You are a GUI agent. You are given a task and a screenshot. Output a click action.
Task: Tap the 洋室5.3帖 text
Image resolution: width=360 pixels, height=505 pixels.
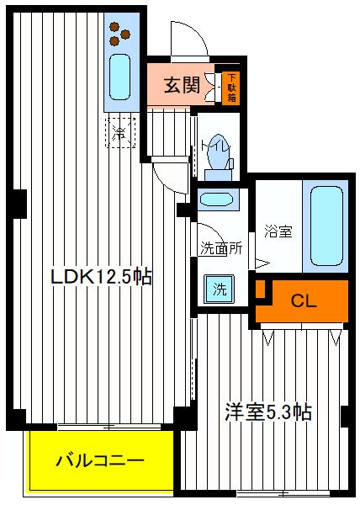coord(267,412)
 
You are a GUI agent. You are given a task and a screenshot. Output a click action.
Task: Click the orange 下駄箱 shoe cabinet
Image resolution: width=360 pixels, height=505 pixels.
coord(231,86)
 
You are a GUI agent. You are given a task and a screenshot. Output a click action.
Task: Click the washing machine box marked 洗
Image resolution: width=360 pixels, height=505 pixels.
coord(219,290)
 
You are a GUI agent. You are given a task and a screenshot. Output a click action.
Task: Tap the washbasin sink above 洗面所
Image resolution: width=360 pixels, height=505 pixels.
coord(219,201)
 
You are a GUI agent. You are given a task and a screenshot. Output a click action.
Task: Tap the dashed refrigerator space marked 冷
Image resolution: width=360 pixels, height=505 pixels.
coord(119,132)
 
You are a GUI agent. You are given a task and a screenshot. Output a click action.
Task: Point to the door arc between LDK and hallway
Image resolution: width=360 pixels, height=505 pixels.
coord(168,174)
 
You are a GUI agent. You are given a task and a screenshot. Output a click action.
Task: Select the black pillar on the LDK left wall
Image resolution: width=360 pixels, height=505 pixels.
coord(17,202)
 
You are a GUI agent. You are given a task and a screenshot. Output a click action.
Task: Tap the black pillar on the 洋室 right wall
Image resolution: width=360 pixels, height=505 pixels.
coord(345,415)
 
